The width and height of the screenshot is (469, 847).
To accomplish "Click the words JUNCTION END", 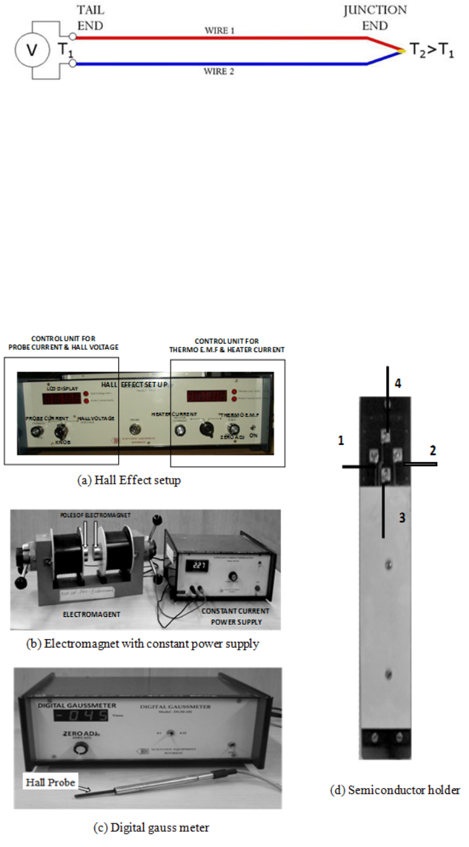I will pos(374,18).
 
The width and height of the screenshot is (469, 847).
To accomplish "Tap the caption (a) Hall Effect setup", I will pos(129,481).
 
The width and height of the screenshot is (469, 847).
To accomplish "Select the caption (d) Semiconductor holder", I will pos(394,791).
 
